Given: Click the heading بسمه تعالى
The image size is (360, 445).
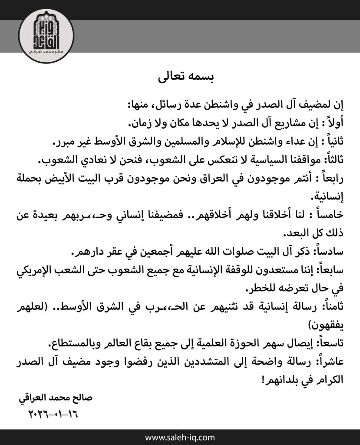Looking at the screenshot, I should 180,79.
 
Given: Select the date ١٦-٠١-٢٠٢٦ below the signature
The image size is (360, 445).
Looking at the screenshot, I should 55,411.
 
